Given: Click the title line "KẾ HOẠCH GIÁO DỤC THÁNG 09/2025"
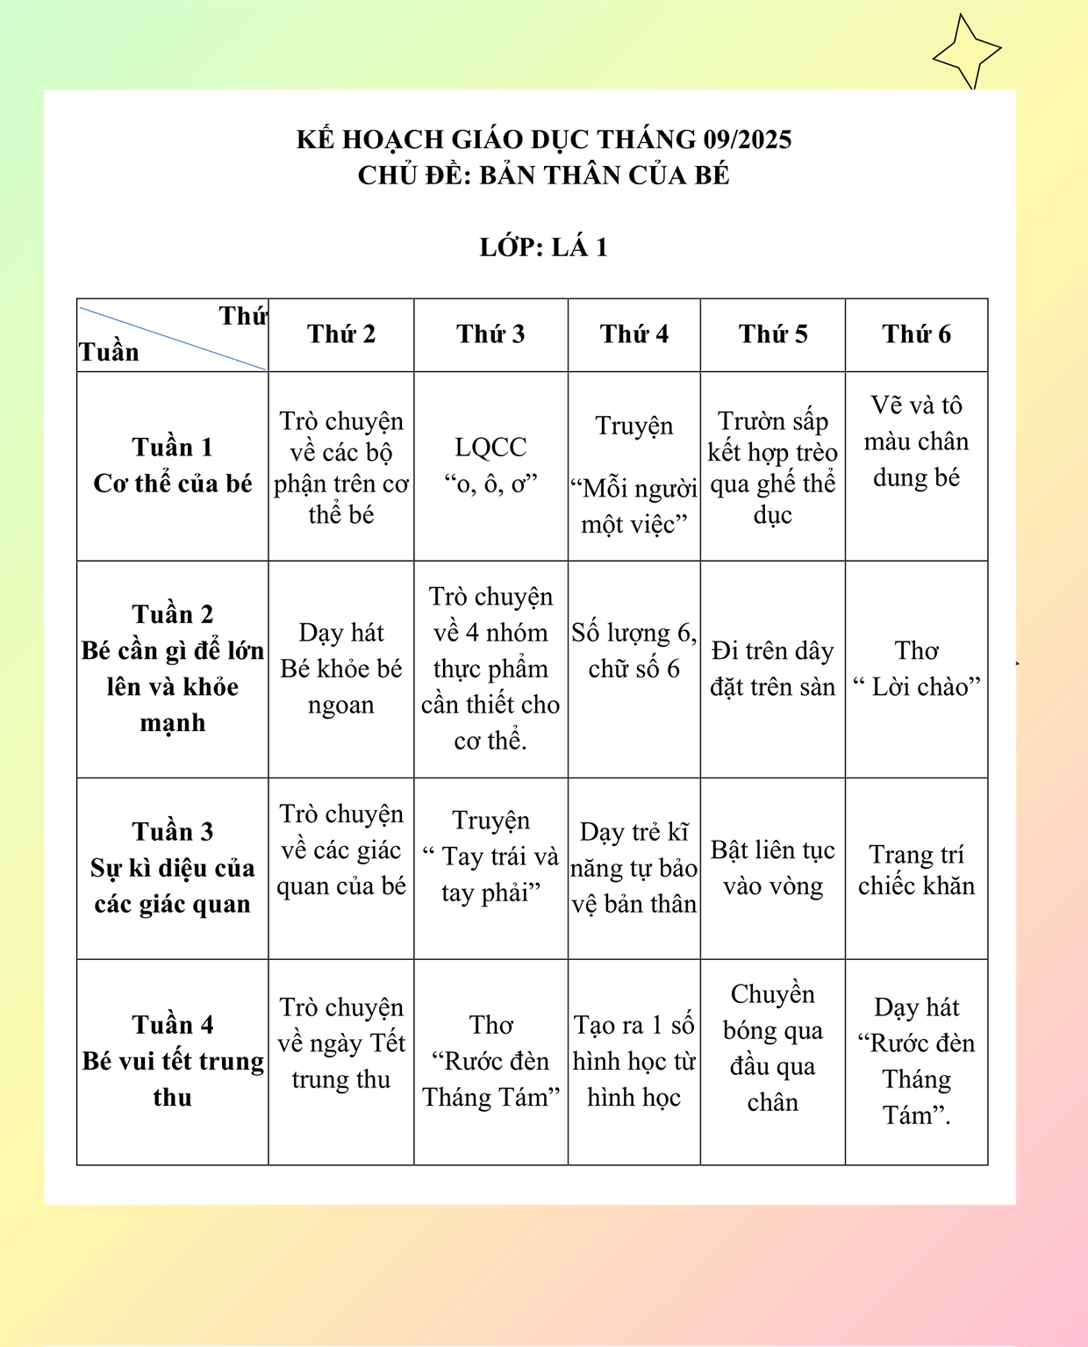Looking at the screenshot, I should pyautogui.click(x=544, y=140).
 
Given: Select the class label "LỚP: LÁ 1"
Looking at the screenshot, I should pyautogui.click(x=544, y=247).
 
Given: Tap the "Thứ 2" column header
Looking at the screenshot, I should pyautogui.click(x=341, y=334).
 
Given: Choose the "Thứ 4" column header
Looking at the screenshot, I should pyautogui.click(x=634, y=334).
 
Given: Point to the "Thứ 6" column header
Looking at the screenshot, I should pyautogui.click(x=917, y=334).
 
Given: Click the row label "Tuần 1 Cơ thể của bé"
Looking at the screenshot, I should pyautogui.click(x=173, y=465).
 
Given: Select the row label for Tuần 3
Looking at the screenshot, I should pyautogui.click(x=173, y=867).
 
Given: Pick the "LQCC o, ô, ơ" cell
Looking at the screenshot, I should pyautogui.click(x=490, y=465).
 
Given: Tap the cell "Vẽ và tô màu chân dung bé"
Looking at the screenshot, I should pyautogui.click(x=917, y=441).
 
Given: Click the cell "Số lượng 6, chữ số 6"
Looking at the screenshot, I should pyautogui.click(x=634, y=650).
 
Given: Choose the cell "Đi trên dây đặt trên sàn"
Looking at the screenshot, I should pyautogui.click(x=773, y=669).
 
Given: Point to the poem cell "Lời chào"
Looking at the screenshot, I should pyautogui.click(x=917, y=669).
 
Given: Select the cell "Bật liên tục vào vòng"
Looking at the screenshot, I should pyautogui.click(x=773, y=868).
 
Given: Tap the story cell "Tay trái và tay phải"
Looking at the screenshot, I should pyautogui.click(x=490, y=856).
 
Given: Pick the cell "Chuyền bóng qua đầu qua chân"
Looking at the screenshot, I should pyautogui.click(x=773, y=1048).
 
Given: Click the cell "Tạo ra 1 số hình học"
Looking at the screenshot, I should pyautogui.click(x=634, y=1061).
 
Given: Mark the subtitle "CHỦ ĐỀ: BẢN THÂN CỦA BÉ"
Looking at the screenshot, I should pyautogui.click(x=544, y=176).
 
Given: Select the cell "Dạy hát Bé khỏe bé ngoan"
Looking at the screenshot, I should pyautogui.click(x=341, y=669).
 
